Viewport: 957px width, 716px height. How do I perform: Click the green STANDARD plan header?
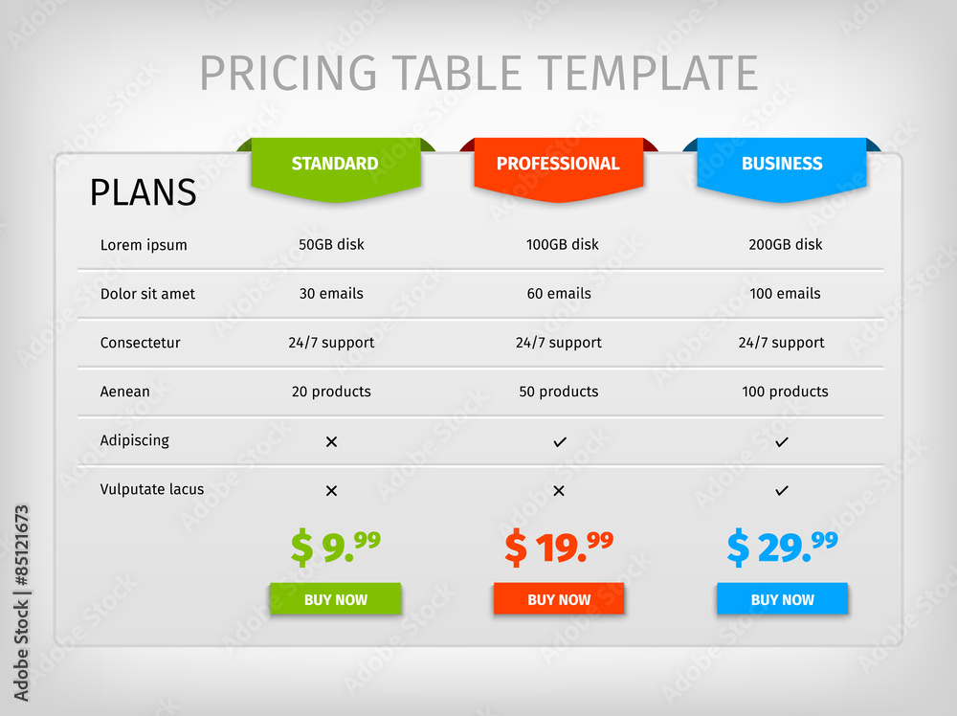[x=335, y=165]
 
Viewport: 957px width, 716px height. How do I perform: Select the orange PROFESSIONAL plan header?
[x=558, y=165]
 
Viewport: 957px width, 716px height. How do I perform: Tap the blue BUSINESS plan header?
[x=782, y=165]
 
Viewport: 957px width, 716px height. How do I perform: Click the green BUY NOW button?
[x=335, y=599]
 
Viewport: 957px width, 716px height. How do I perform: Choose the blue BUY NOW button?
[x=782, y=599]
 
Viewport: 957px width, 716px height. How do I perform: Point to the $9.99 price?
[x=335, y=547]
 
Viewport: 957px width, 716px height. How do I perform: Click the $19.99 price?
[x=559, y=547]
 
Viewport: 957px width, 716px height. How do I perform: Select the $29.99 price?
[x=782, y=547]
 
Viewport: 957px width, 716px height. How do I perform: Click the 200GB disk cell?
[x=785, y=245]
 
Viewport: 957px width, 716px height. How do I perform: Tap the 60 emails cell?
[x=559, y=294]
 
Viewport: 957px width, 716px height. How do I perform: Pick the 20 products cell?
[x=331, y=392]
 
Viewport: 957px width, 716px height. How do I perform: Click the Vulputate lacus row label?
[x=152, y=489]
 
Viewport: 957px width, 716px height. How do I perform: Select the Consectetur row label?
[x=141, y=343]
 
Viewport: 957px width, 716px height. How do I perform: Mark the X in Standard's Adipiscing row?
[x=331, y=441]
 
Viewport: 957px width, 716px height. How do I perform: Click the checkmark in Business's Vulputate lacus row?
[x=782, y=490]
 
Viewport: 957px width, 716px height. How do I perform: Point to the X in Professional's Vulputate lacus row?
[x=559, y=490]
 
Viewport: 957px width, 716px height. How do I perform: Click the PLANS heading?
[x=143, y=192]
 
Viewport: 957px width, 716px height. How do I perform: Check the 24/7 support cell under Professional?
[x=559, y=343]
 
